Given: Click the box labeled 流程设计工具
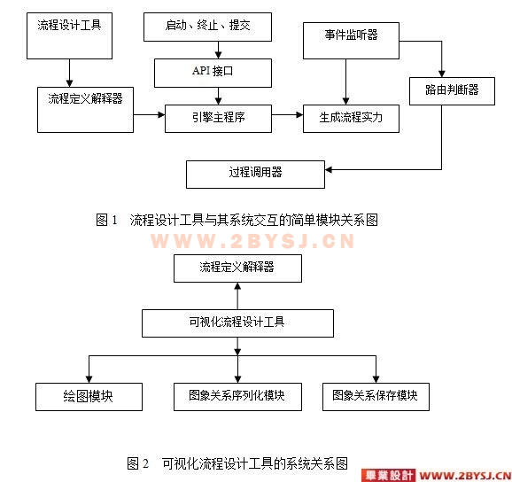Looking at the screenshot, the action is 69,36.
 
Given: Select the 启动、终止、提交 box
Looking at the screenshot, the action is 207,27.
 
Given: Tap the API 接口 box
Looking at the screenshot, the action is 213,73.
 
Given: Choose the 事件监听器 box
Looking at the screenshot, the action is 351,41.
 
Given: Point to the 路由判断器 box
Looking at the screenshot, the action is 452,90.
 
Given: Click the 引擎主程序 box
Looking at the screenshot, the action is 218,119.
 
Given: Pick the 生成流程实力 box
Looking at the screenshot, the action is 351,119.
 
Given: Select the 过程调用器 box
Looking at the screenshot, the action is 255,175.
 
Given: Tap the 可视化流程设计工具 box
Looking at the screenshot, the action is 237,323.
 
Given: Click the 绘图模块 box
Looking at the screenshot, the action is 89,397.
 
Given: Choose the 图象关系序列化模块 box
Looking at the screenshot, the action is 237,397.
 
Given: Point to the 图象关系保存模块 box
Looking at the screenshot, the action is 376,397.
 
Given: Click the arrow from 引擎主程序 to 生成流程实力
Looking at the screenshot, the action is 287,114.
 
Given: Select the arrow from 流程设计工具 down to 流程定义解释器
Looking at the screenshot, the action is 69,74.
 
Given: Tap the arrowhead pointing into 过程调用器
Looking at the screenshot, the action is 329,169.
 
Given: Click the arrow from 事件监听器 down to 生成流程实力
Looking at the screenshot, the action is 345,82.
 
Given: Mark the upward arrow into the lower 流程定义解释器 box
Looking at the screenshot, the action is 237,296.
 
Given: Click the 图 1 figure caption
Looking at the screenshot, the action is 237,220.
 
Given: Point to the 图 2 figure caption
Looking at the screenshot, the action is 237,463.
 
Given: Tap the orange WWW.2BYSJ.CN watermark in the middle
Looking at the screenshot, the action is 252,241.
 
